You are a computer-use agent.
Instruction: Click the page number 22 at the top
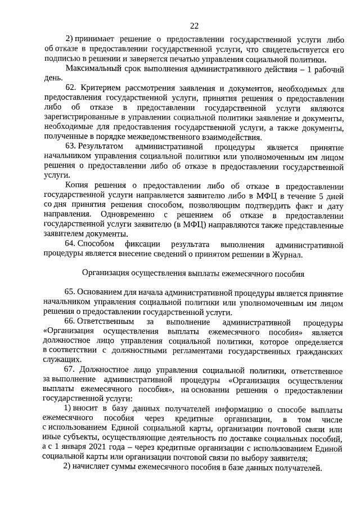point(194,25)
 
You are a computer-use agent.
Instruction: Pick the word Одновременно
point(127,215)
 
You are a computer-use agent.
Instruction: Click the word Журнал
point(286,254)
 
